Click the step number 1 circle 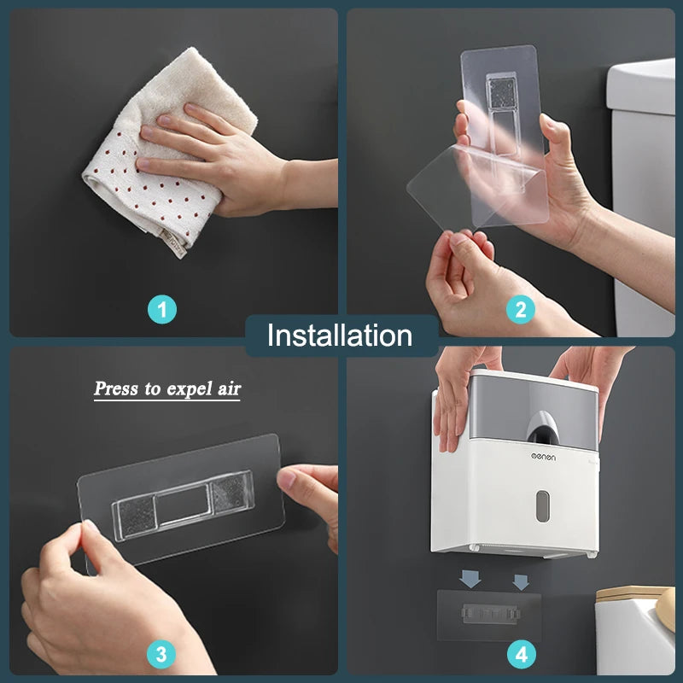pos(161,308)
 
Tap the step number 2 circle pos(521,308)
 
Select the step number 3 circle pos(161,655)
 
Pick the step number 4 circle pos(522,655)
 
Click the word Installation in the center pos(340,336)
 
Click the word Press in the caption pos(116,389)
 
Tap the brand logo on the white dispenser pos(540,458)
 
